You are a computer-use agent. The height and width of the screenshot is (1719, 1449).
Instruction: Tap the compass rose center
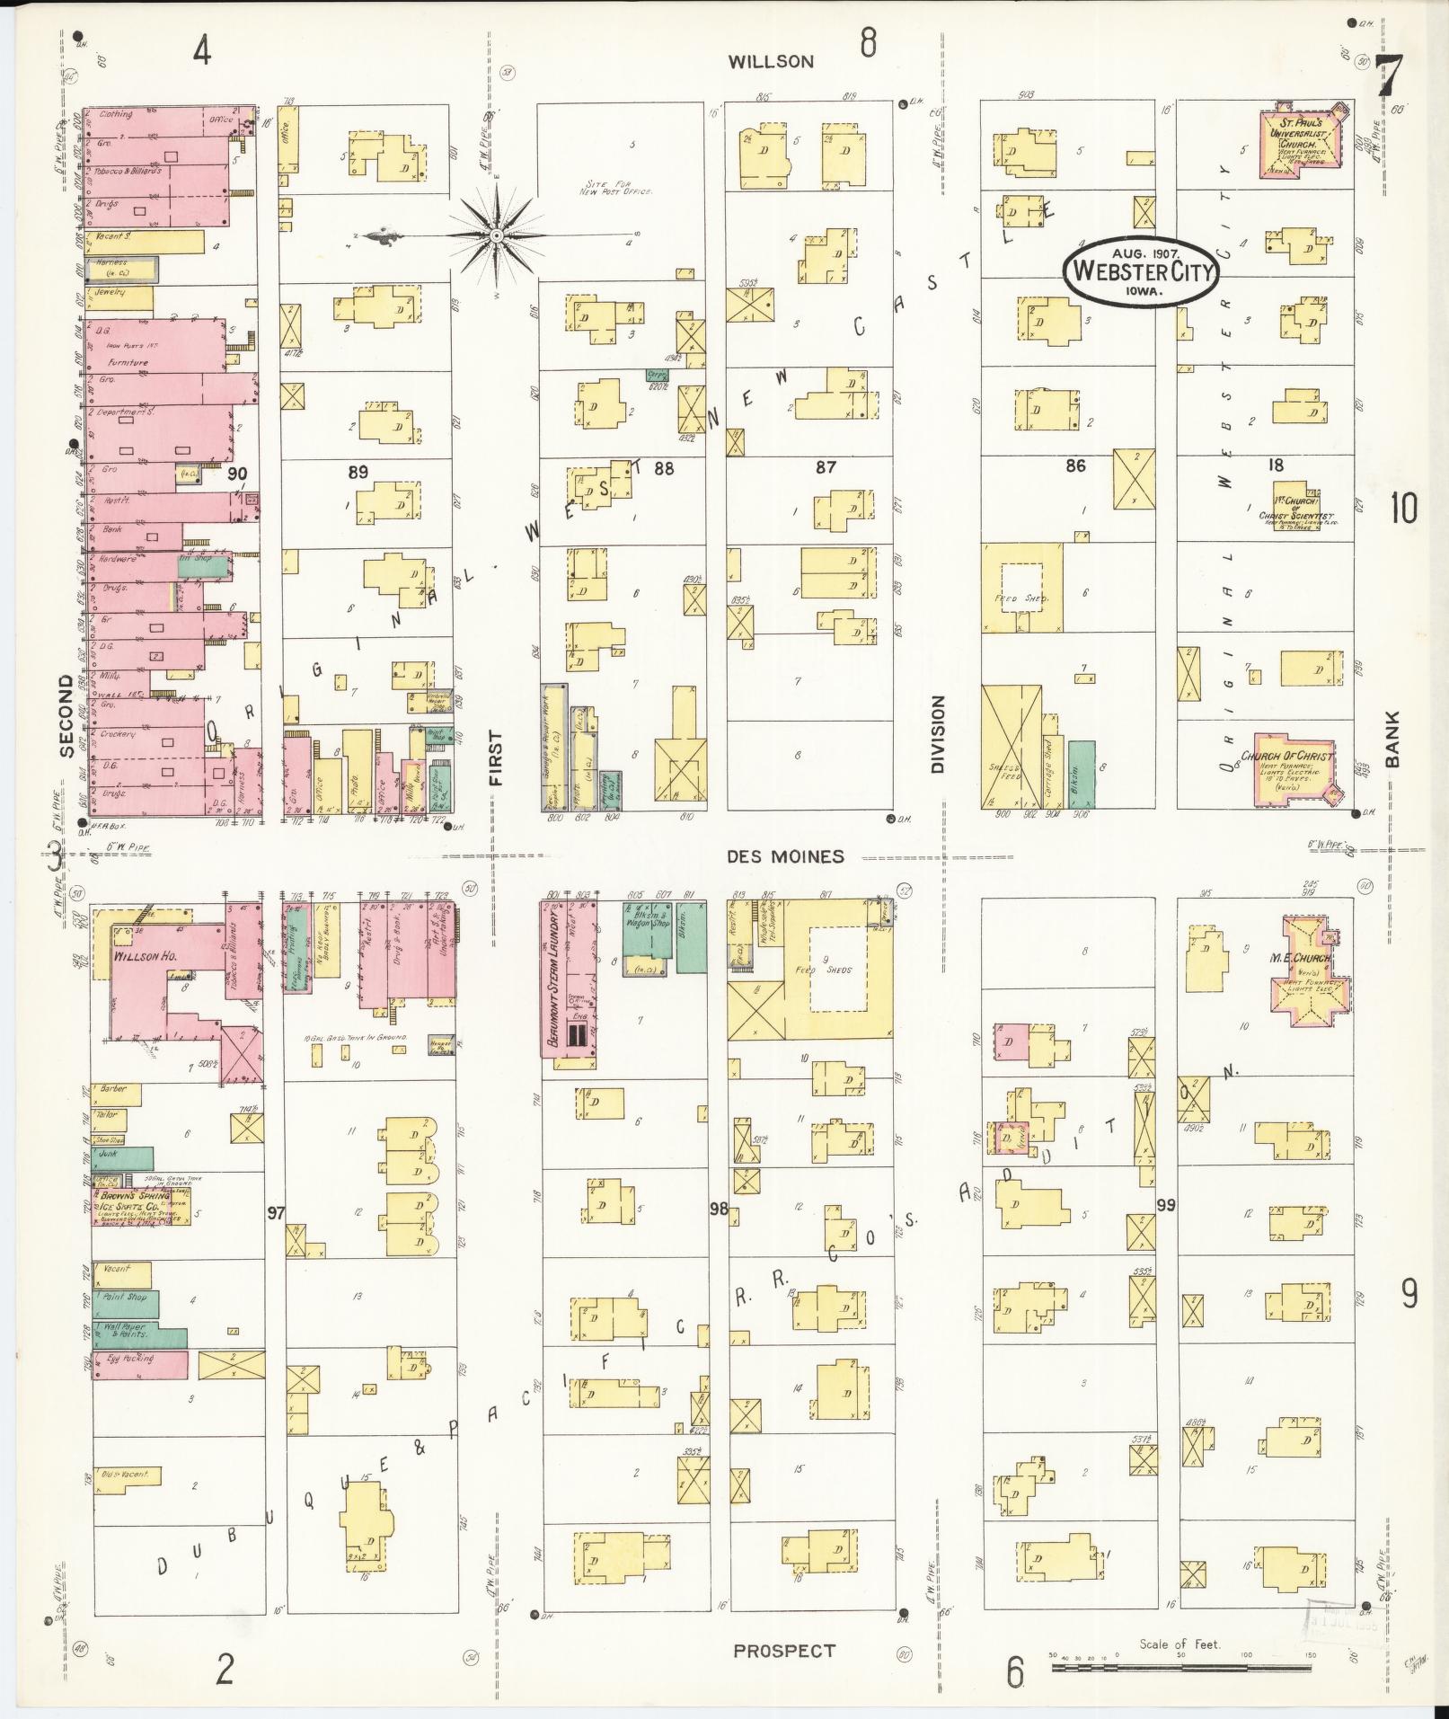click(495, 235)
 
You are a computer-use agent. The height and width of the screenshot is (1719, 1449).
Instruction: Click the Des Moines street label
click(786, 856)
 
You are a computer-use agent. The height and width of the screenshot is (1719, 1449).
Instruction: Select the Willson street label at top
click(770, 61)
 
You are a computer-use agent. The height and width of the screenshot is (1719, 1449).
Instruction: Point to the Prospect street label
click(784, 1651)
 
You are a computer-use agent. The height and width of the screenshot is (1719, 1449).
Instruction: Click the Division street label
click(938, 733)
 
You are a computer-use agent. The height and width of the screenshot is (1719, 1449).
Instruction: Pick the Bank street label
click(1392, 739)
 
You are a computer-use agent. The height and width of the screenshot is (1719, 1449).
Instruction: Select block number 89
click(358, 472)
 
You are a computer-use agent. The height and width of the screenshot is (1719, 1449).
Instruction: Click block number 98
click(718, 1209)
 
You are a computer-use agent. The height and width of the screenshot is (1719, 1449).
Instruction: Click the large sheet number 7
click(1387, 75)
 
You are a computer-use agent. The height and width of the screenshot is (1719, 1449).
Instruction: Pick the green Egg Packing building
click(139, 1364)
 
